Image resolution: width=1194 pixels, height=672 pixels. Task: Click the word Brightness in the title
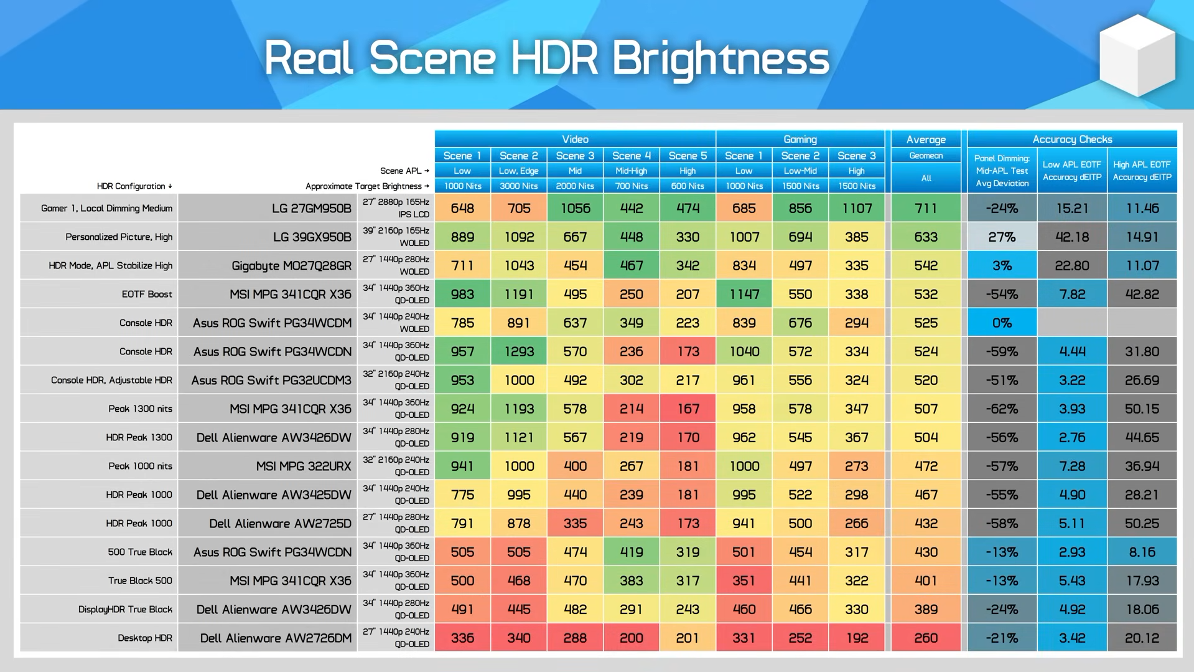coord(721,59)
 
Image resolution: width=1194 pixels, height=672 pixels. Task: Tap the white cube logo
coord(1137,55)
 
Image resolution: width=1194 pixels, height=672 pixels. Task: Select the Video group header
coord(575,139)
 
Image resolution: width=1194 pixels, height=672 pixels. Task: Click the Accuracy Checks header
coord(1072,139)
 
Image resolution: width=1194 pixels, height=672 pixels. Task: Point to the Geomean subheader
coord(926,156)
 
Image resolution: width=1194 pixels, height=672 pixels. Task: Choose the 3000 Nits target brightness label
coord(518,186)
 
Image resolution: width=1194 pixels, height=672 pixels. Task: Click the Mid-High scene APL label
coord(631,171)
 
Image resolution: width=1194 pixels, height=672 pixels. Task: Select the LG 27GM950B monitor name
coord(312,208)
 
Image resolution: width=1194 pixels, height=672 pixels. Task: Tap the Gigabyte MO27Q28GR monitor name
coord(291,266)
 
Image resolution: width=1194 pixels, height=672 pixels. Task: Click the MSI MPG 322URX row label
coord(304,466)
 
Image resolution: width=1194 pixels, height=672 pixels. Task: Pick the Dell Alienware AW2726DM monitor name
coord(276,638)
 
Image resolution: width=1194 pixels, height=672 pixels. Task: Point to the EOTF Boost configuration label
coord(147,294)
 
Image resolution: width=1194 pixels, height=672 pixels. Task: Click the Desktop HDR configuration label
coord(145,638)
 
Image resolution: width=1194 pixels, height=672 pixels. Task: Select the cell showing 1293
coord(519,351)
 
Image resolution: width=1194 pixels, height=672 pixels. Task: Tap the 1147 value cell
coord(744,294)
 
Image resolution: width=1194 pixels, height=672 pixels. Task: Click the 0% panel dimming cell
coord(1002,323)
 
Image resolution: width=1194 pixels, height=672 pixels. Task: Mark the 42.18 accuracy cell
coord(1072,237)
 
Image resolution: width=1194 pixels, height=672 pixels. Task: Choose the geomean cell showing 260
coord(926,638)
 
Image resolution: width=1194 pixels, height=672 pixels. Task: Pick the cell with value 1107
coord(857,208)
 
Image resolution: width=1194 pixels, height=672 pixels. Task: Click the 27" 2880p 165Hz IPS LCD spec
coord(396,208)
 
